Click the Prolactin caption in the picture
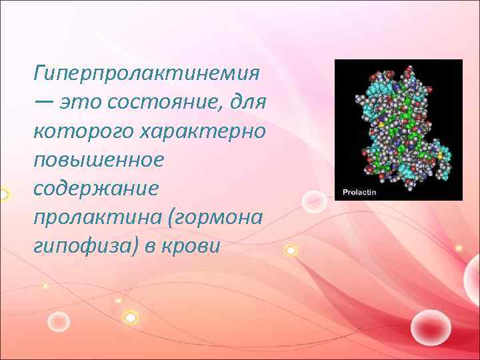tap(359, 191)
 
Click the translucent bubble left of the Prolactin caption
tap(313, 201)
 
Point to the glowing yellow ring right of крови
tap(291, 251)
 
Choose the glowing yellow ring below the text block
tap(131, 319)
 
